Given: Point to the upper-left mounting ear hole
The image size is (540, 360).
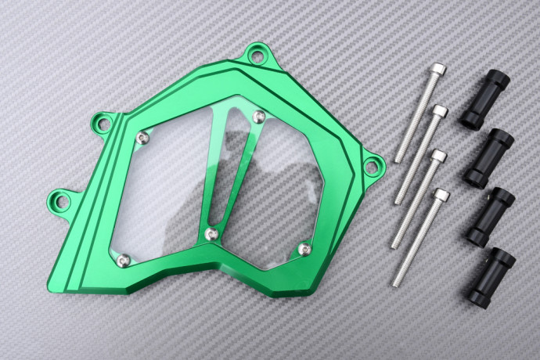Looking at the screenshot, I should [x=101, y=122].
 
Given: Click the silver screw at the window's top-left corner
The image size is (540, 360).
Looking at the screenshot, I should [x=142, y=139].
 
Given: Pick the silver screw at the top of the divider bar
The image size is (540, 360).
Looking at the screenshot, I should [x=259, y=117].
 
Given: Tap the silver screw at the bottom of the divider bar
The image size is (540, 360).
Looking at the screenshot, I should [x=211, y=234].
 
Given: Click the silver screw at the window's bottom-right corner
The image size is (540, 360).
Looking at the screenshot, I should [x=304, y=250].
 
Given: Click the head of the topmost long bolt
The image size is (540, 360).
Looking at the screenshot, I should [x=437, y=69].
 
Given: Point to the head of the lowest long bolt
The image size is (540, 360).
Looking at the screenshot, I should [x=441, y=194].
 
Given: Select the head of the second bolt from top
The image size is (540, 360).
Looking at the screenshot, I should [x=440, y=112].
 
